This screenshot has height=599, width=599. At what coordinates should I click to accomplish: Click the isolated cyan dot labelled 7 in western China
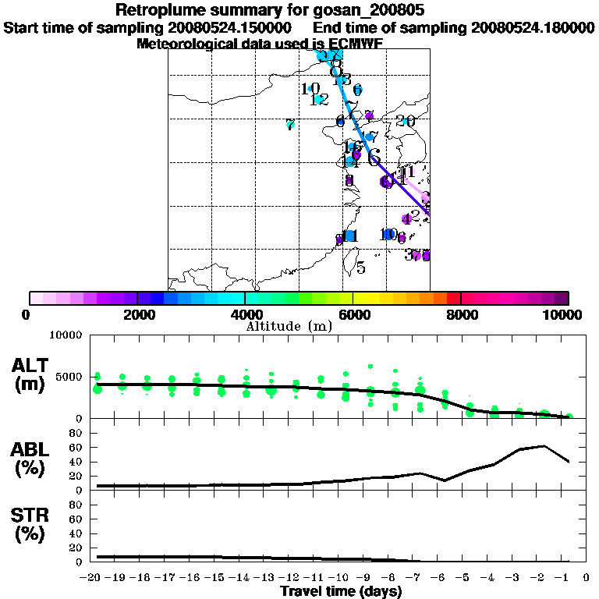(x=290, y=124)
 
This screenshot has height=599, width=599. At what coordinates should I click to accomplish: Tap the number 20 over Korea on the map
(x=406, y=121)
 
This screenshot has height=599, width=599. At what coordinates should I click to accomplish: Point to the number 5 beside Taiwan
(x=360, y=268)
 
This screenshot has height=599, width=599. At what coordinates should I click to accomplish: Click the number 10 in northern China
(x=310, y=89)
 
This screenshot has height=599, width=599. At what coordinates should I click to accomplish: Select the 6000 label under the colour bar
(x=353, y=315)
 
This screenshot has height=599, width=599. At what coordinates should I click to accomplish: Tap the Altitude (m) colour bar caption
(x=289, y=326)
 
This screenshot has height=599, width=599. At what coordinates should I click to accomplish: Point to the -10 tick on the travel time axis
(x=342, y=578)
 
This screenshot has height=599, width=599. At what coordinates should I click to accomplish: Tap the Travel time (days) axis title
(x=341, y=592)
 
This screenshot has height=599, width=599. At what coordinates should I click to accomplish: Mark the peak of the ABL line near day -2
(x=544, y=446)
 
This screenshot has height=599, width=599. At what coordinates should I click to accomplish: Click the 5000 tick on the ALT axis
(x=69, y=377)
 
